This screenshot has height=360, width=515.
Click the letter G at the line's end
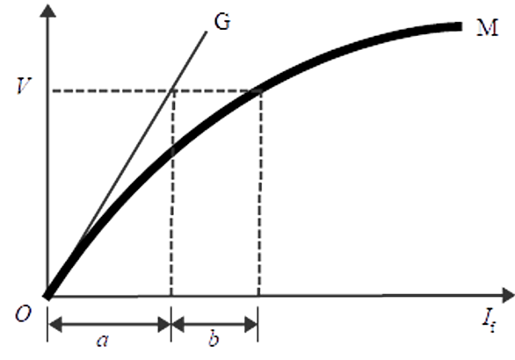(222, 22)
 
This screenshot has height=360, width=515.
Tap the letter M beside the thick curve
(488, 27)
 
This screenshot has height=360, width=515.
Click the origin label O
(24, 313)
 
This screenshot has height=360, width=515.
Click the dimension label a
(103, 341)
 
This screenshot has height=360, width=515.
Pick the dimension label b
(214, 339)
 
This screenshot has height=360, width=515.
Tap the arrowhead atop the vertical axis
(48, 11)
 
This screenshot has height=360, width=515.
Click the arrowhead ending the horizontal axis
(509, 295)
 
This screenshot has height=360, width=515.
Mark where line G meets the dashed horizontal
(171, 90)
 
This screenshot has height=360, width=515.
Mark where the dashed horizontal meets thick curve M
(257, 91)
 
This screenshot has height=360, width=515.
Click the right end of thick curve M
(461, 26)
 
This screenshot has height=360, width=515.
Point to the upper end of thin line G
(207, 32)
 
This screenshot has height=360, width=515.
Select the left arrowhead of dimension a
(55, 325)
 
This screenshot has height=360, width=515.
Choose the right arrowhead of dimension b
(251, 325)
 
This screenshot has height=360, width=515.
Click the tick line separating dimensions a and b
(170, 324)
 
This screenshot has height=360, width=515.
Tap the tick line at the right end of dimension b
(257, 324)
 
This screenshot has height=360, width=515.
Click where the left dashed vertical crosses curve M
(171, 150)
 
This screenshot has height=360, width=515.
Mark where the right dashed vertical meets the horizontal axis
(258, 296)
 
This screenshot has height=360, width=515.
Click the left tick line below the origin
(47, 324)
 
